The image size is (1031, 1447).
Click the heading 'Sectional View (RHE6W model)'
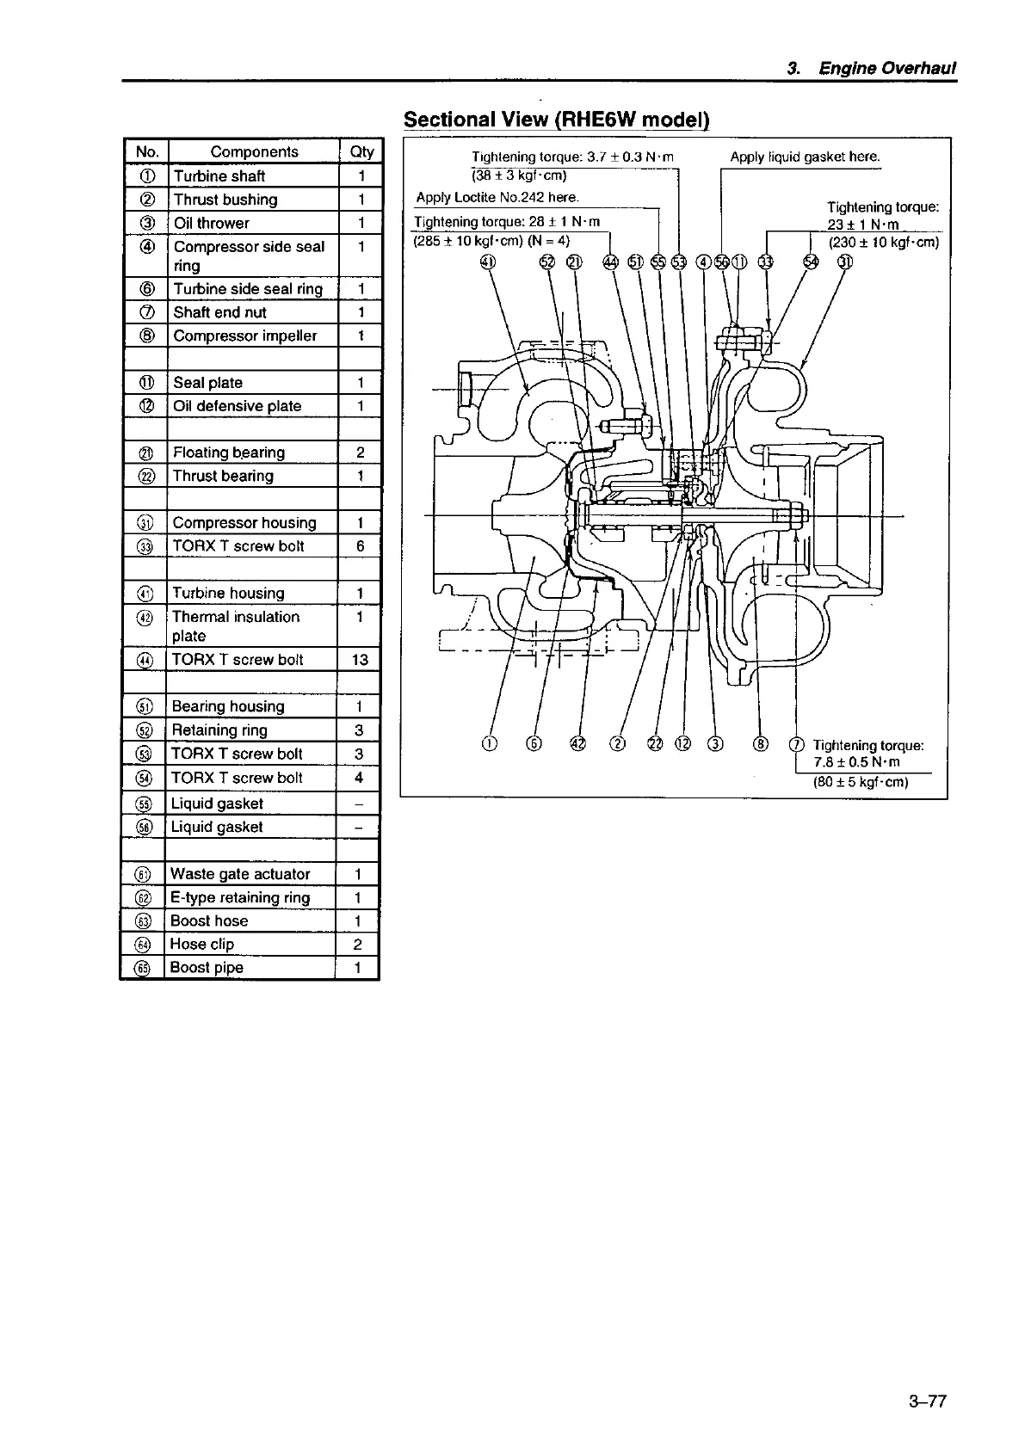click(x=556, y=119)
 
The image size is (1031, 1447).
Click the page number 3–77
click(x=926, y=1401)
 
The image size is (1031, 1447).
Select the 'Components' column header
click(x=254, y=151)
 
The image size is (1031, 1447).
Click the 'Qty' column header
click(x=361, y=151)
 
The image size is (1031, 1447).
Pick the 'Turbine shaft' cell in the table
click(x=219, y=175)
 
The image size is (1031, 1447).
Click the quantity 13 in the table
click(x=360, y=660)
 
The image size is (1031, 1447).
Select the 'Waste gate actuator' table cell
click(x=240, y=874)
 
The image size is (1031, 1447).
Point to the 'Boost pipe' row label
click(x=207, y=968)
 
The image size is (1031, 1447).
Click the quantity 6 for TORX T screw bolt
click(x=360, y=546)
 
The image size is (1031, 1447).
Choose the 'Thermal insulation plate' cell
click(x=235, y=626)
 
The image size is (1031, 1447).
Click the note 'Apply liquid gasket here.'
click(x=805, y=157)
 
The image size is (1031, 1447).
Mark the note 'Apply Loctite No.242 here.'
click(x=497, y=197)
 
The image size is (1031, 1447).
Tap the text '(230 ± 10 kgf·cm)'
click(x=883, y=243)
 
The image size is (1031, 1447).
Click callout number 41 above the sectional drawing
click(x=488, y=262)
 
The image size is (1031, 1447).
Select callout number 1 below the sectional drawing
click(x=490, y=744)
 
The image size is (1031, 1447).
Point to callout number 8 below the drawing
click(x=760, y=744)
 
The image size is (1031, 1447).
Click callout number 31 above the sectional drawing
click(x=845, y=262)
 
